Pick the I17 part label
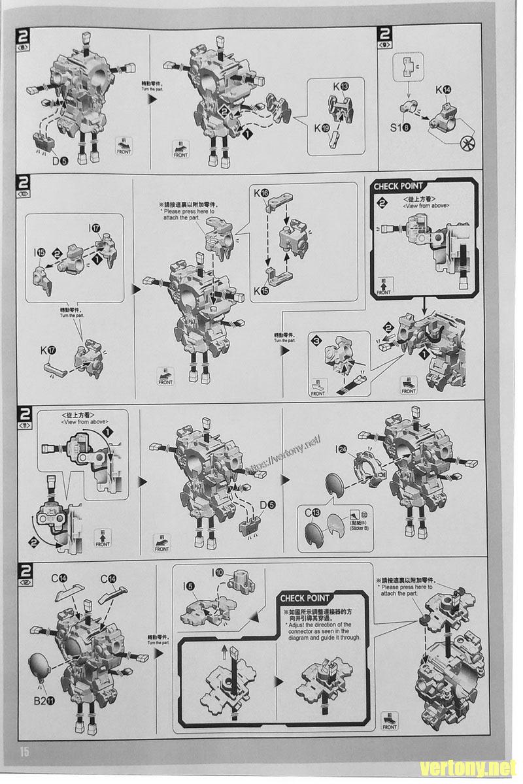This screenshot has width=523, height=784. point(95,229)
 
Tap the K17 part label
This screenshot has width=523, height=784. point(49,350)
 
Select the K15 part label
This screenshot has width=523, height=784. point(260,291)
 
